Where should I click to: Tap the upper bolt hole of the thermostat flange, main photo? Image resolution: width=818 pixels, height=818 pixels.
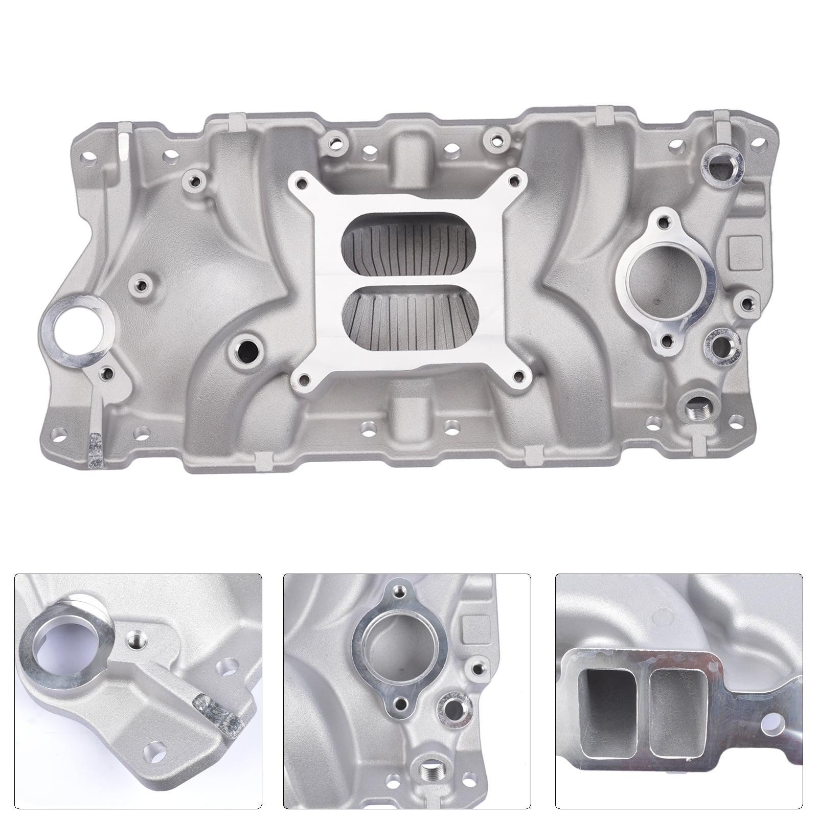pos(663,222)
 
